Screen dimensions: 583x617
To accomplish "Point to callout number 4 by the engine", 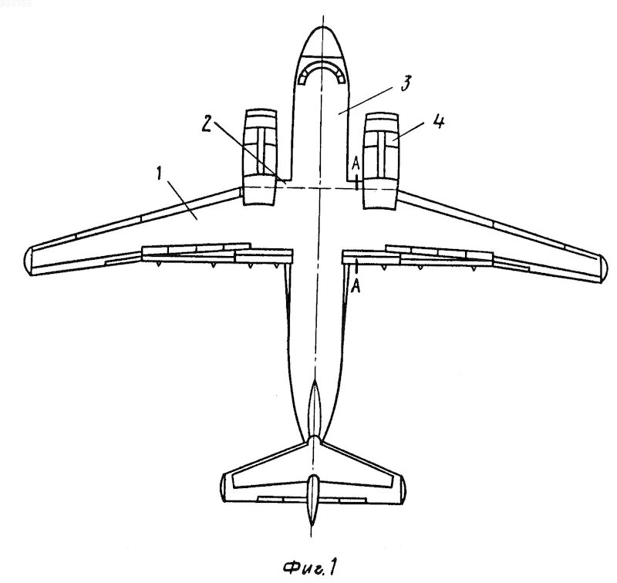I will (438, 123).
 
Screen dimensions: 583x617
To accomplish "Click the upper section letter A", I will (356, 163).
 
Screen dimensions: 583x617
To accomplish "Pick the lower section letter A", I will (356, 287).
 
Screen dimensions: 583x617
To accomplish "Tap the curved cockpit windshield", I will (323, 72).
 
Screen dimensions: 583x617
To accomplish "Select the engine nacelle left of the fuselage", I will (260, 159).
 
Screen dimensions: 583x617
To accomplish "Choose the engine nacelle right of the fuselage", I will (380, 160).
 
